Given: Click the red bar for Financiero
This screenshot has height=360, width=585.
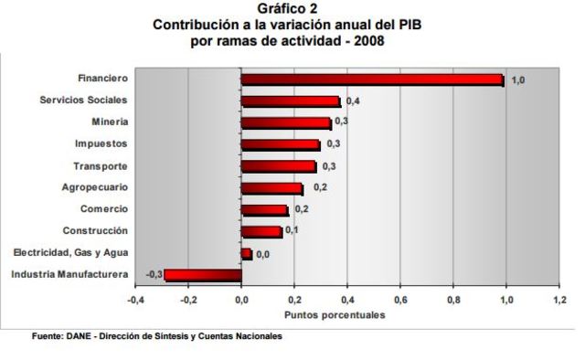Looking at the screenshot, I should coord(372,80).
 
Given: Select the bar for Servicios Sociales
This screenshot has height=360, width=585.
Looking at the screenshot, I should coord(291,101).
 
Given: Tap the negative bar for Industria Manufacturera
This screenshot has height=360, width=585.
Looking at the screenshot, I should coord(203,274).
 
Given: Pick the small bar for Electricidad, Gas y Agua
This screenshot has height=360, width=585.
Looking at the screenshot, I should coord(246,253).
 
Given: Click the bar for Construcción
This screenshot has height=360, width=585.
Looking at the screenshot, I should coord(261,231).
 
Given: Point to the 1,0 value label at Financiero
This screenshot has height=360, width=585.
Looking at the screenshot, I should coord(517,80).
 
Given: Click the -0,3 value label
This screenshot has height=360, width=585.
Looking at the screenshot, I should coord(154,274).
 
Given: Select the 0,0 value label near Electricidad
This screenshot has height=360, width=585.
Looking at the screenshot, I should coord(263,254).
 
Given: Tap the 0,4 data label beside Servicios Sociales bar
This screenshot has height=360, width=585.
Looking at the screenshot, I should coord(353,101).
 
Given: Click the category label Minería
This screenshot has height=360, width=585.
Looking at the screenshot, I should coord(110,122).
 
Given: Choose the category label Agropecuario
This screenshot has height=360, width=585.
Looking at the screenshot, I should coord(94,187).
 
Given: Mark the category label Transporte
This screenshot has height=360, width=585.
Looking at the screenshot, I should coord(100,165).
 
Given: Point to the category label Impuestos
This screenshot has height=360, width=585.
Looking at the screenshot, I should coord(101,143).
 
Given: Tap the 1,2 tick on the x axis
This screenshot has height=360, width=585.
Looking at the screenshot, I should coord(558,299).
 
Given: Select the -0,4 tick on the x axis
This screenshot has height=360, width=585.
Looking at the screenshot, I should coord(134,299).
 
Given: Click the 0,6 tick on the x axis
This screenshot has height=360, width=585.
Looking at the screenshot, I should coord(400,299).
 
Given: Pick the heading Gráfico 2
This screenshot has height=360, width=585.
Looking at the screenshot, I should coord(292,8).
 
